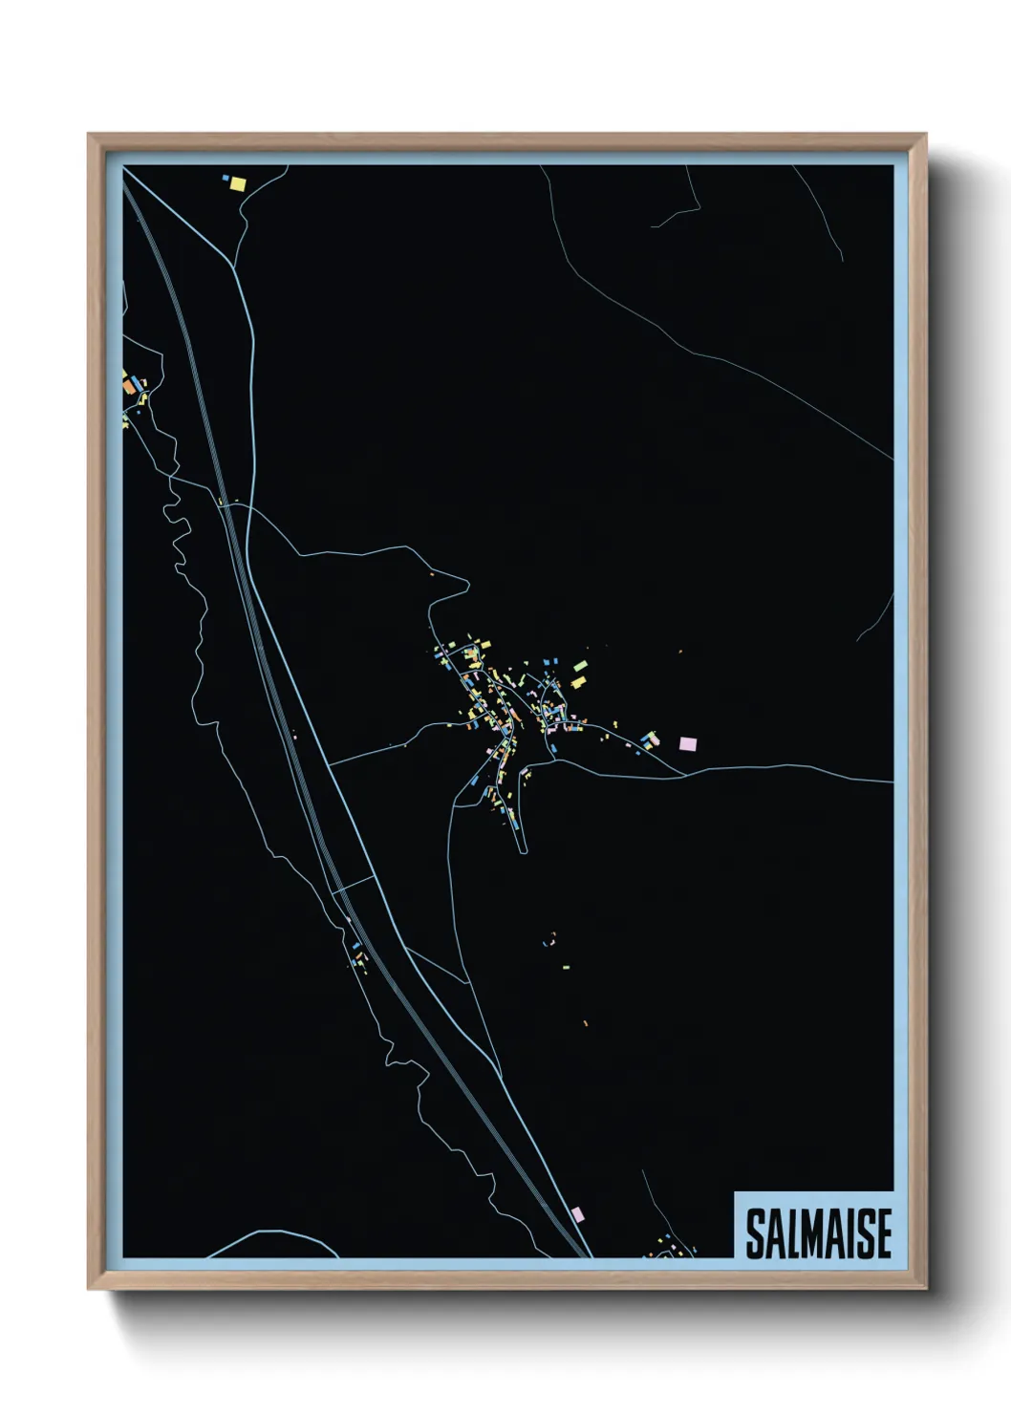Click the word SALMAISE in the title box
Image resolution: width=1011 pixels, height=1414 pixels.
click(818, 1233)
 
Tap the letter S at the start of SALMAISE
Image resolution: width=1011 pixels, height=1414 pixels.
click(754, 1233)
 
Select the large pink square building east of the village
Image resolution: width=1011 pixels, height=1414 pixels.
click(688, 743)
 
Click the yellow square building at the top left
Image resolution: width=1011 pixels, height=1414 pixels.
click(237, 183)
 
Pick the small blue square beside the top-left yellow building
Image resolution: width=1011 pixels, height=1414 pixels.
click(226, 178)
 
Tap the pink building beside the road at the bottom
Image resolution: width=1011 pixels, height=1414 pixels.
click(576, 1213)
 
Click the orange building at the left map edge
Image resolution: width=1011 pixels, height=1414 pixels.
click(129, 387)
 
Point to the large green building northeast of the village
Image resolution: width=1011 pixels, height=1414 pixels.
click(579, 666)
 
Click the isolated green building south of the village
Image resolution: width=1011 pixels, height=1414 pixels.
click(565, 967)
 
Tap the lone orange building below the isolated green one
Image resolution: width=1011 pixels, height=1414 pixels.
click(586, 1023)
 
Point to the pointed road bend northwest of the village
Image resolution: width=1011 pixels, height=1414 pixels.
click(467, 581)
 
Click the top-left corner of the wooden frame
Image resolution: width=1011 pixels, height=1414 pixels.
click(89, 135)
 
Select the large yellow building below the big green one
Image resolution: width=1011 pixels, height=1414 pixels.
click(577, 682)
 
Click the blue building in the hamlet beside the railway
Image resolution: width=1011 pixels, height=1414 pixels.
click(356, 946)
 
